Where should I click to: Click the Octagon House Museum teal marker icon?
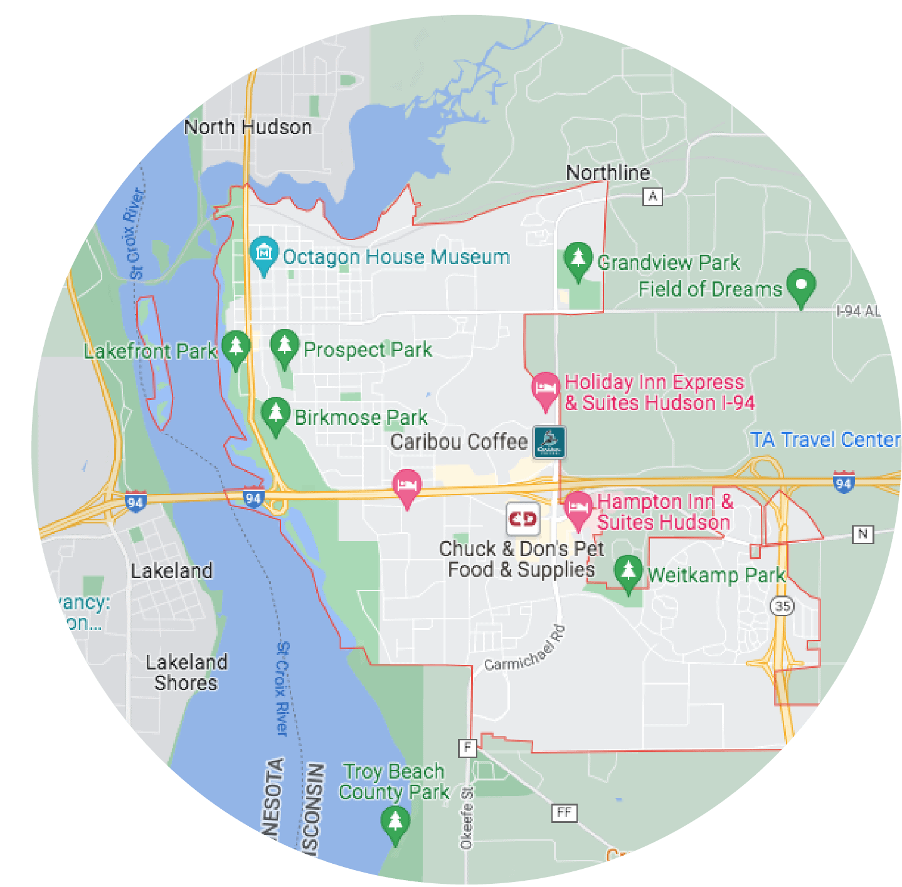point(264,253)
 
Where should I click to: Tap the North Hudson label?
point(248,127)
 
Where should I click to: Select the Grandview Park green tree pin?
point(578,258)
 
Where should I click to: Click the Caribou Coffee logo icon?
point(549,442)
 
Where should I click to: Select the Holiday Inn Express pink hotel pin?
point(545,389)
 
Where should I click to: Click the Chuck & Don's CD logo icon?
point(523,518)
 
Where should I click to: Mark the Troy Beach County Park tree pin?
point(395,822)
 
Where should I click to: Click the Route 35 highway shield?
point(782,606)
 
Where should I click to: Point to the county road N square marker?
point(862,534)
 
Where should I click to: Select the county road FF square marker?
point(564,813)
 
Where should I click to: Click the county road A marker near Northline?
point(652,197)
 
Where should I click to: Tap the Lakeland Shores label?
point(186,673)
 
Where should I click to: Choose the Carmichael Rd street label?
point(525,649)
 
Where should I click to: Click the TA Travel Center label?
point(825,440)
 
